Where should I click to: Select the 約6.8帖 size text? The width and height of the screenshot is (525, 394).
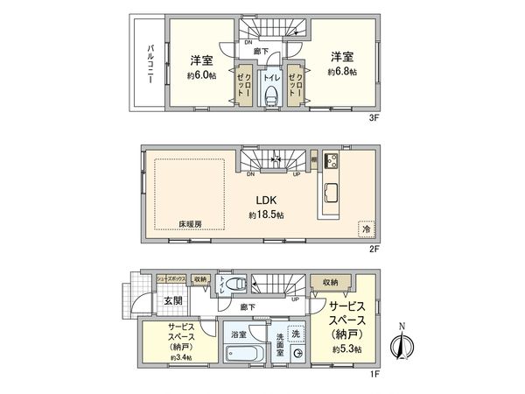[343, 72]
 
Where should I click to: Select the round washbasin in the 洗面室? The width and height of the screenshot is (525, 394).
[297, 355]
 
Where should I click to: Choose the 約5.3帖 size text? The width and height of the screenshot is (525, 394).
[346, 348]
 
